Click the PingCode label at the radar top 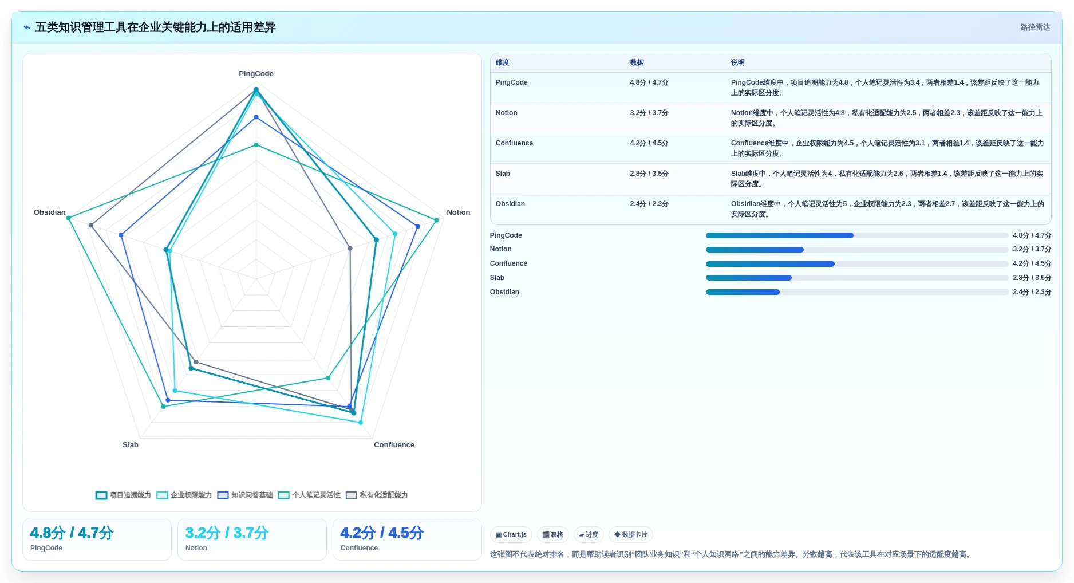(256, 74)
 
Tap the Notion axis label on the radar (458, 212)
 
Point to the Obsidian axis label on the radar (50, 212)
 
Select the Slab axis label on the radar (131, 445)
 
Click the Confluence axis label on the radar (394, 445)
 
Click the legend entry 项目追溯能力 (124, 495)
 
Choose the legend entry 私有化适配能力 (377, 495)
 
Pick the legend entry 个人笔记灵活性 (309, 495)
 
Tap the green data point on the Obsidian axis (69, 218)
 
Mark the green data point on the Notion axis (436, 220)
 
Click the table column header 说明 (737, 63)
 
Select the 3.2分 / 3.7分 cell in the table (649, 113)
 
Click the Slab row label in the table (503, 174)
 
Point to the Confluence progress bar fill (770, 264)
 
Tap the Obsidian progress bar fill (743, 292)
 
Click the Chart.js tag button (511, 535)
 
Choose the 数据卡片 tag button (631, 535)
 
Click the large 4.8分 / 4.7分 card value (72, 533)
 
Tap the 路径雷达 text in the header (1035, 27)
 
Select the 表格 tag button (553, 535)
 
